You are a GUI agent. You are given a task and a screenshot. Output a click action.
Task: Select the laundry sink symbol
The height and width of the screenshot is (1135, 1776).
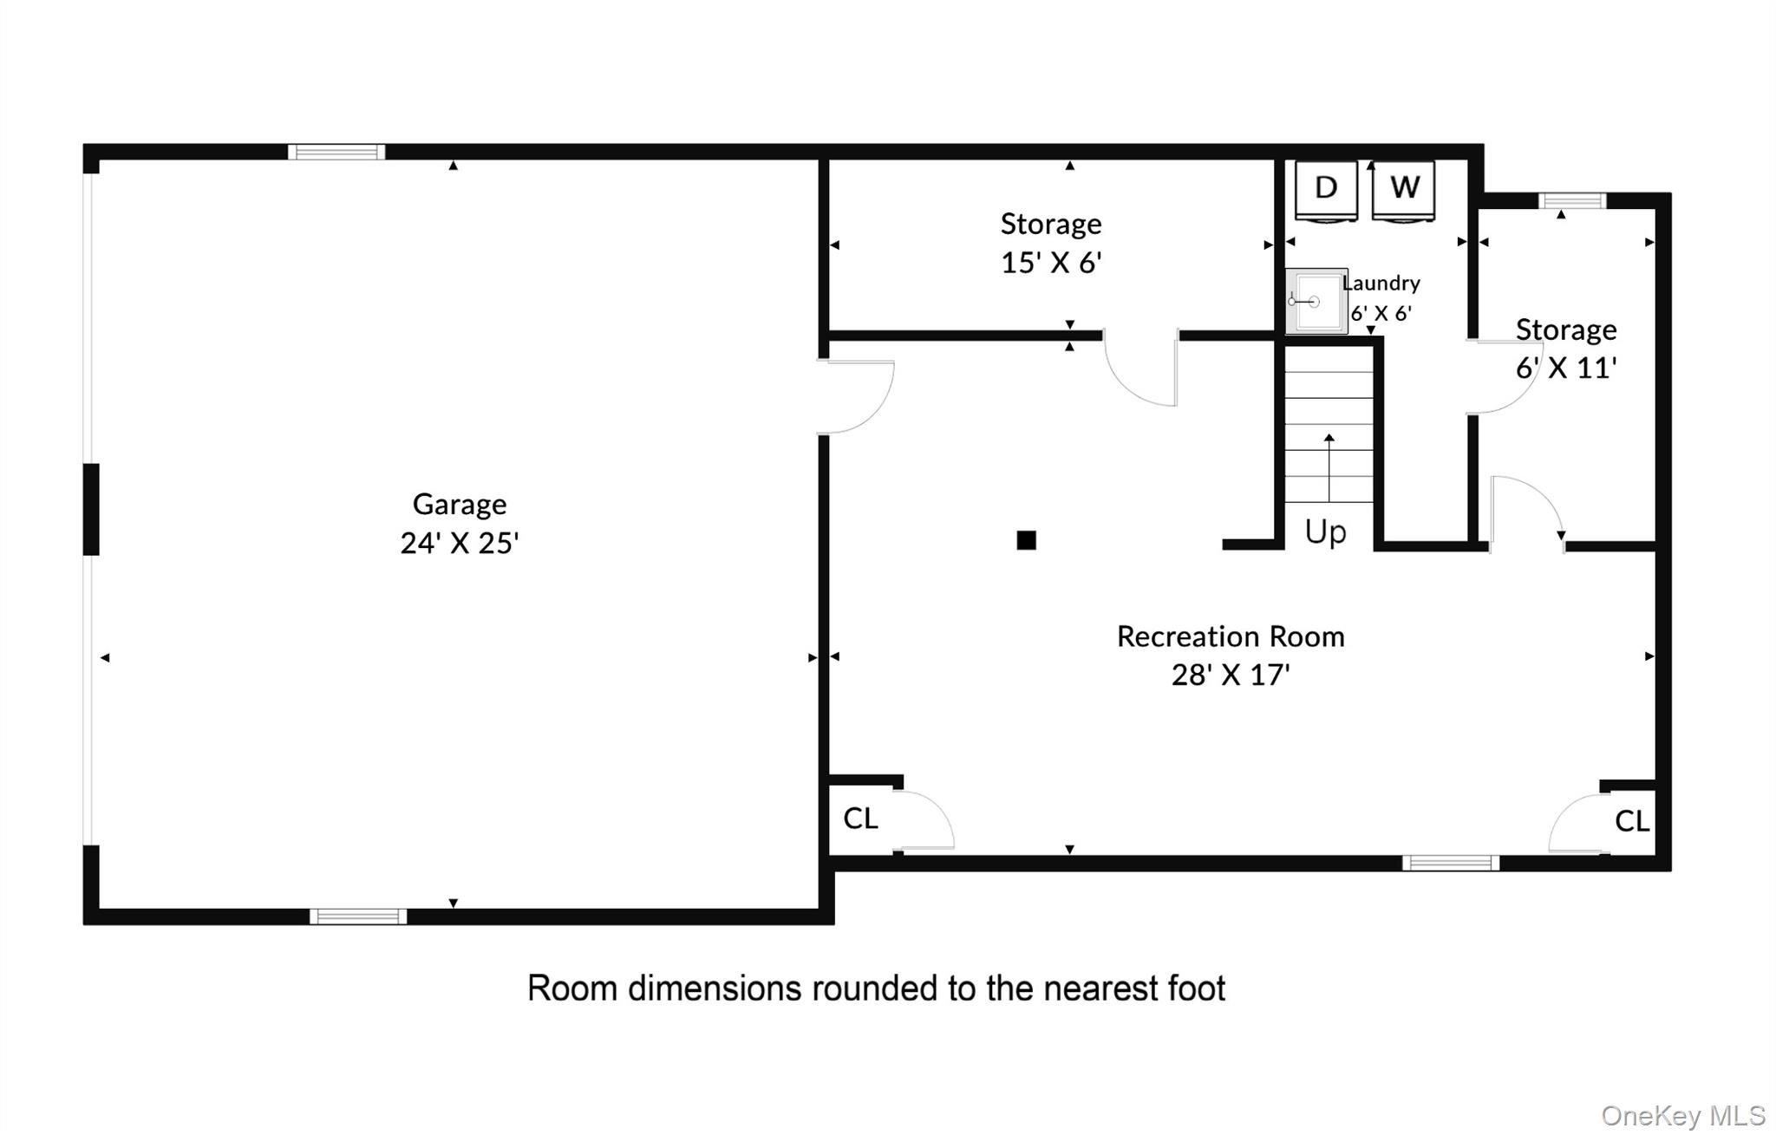(1316, 301)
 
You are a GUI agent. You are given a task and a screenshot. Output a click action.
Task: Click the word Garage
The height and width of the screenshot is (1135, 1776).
(460, 505)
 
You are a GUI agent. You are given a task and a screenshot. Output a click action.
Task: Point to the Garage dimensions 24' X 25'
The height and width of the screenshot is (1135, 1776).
(460, 543)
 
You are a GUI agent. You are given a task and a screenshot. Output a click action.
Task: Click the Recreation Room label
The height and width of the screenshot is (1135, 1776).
(1231, 636)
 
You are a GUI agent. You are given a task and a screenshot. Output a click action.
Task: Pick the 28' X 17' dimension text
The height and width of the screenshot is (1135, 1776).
(1231, 675)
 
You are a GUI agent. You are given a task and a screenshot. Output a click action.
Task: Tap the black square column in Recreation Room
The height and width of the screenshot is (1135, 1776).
(1026, 540)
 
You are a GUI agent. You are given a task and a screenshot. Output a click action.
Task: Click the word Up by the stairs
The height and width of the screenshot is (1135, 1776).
(1326, 532)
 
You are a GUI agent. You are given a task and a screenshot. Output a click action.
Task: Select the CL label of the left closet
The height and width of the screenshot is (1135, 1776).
(860, 818)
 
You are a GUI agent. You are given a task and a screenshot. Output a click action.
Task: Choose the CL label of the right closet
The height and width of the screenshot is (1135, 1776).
(1632, 821)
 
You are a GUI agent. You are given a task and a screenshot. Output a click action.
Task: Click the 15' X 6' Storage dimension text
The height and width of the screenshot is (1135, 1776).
(1051, 262)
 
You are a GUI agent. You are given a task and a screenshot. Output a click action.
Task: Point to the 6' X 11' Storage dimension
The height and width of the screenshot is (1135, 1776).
(1566, 368)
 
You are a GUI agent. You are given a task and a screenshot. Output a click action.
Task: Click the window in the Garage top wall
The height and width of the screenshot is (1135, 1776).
(336, 153)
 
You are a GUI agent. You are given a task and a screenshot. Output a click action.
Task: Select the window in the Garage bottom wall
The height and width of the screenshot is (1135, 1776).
(358, 916)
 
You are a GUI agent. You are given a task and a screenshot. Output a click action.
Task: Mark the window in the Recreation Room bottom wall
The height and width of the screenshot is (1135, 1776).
(1451, 863)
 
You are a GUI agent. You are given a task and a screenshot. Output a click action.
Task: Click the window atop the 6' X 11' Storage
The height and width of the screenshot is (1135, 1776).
(1572, 201)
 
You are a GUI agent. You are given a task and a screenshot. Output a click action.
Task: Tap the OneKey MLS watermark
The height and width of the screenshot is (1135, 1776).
(1683, 1116)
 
